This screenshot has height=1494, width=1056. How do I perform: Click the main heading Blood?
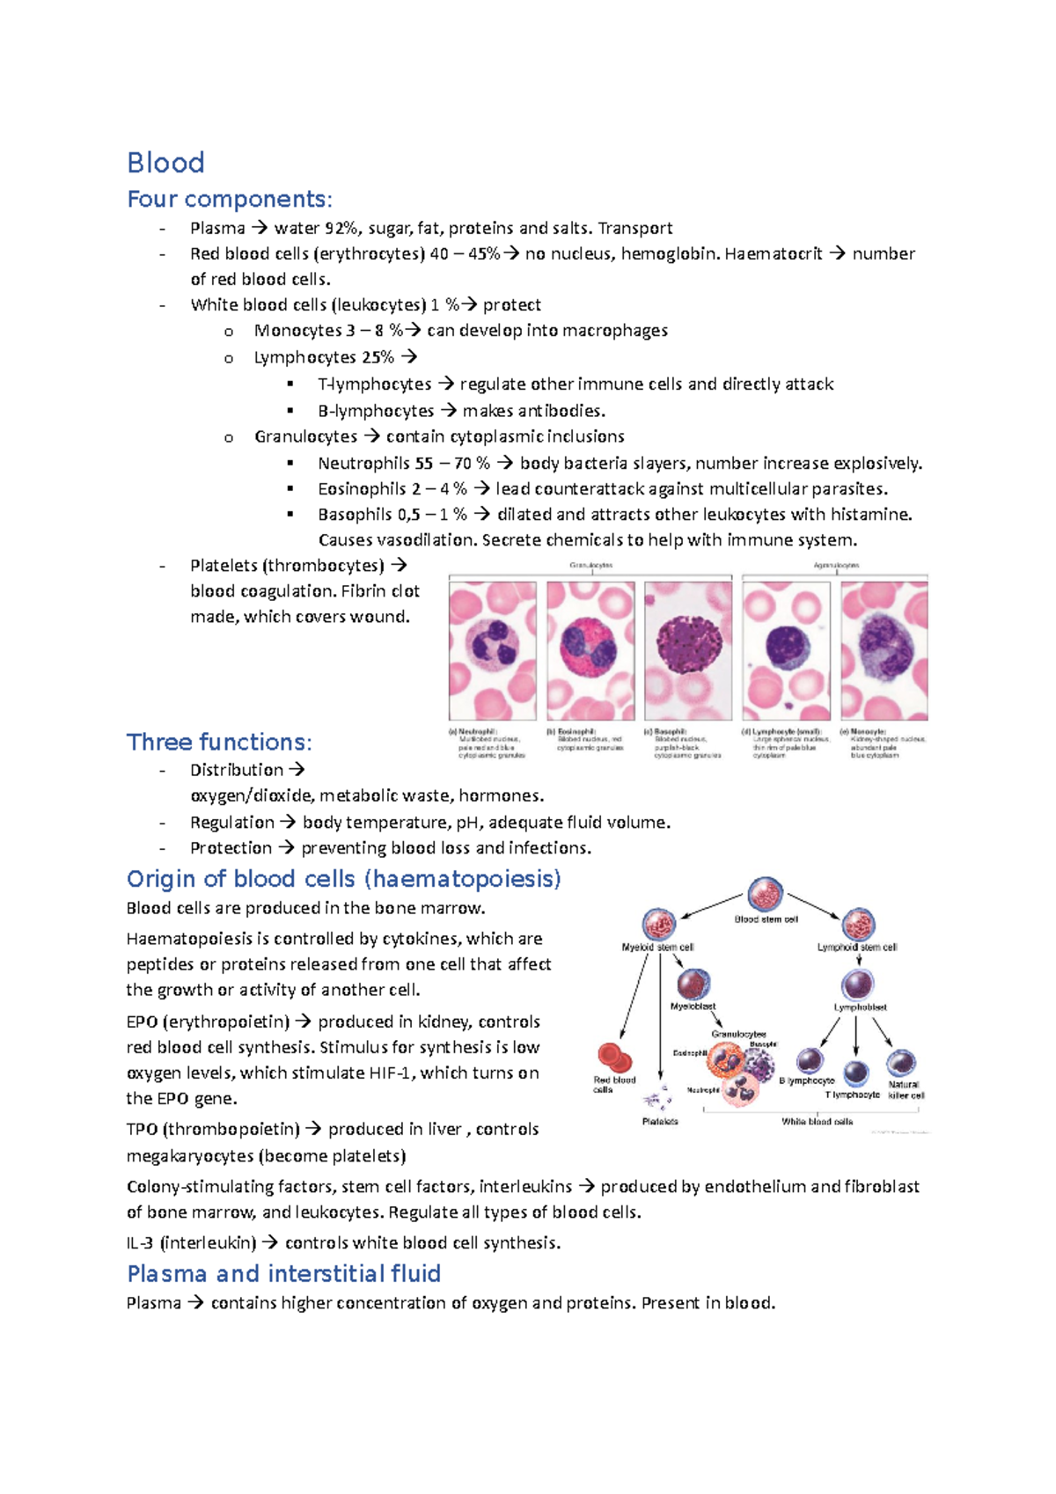(165, 163)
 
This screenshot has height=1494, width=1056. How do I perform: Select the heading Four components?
(229, 200)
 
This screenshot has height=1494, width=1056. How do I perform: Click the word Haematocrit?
(773, 254)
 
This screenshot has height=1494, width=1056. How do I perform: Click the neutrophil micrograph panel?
(492, 650)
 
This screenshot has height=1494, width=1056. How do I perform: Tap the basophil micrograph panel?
(687, 650)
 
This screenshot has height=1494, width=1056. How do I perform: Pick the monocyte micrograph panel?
(884, 650)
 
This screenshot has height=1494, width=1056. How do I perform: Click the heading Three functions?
(218, 743)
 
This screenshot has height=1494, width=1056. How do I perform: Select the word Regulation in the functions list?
(231, 823)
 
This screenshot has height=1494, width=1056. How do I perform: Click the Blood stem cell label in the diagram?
(766, 919)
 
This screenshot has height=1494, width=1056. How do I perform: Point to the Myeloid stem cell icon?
(658, 924)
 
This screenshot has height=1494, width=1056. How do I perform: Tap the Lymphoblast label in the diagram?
(860, 1007)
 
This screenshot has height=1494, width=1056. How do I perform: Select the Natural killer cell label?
(905, 1090)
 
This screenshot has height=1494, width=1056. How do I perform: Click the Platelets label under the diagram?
(660, 1122)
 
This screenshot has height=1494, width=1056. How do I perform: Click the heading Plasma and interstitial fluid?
(283, 1274)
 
